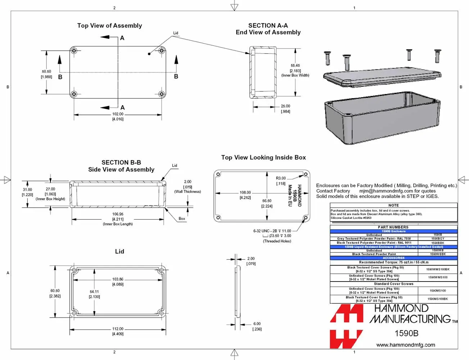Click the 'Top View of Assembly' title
109,26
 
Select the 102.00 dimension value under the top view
118,114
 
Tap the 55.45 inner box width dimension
295,66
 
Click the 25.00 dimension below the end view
285,106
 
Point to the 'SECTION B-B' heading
121,162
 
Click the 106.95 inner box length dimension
118,214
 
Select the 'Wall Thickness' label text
187,192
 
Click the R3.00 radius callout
281,178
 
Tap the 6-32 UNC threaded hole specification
272,231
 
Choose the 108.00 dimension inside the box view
245,193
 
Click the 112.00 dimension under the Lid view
118,329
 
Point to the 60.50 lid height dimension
55,291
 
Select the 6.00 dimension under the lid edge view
257,324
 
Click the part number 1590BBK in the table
438,243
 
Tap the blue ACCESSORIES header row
393,258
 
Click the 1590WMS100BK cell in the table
438,269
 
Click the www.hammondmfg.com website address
405,345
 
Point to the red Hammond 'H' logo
346,326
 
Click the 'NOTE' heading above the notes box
393,205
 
